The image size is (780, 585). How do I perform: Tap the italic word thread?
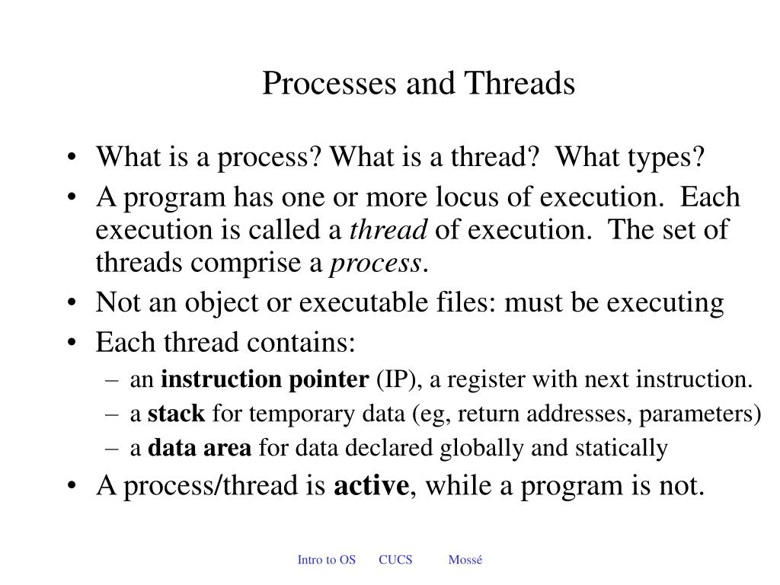click(389, 229)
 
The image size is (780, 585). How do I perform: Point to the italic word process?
click(376, 263)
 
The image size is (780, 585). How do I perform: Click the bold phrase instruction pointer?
click(264, 379)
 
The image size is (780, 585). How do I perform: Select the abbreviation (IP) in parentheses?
click(394, 379)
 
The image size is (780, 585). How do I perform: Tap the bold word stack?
click(176, 414)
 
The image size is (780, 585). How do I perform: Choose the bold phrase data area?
click(199, 448)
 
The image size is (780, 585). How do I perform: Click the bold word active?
click(371, 486)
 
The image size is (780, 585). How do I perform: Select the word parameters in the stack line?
click(699, 414)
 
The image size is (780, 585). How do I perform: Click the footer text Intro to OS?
click(326, 560)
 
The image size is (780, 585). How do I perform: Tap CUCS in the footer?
click(395, 560)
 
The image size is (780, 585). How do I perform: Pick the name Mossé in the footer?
click(465, 560)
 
